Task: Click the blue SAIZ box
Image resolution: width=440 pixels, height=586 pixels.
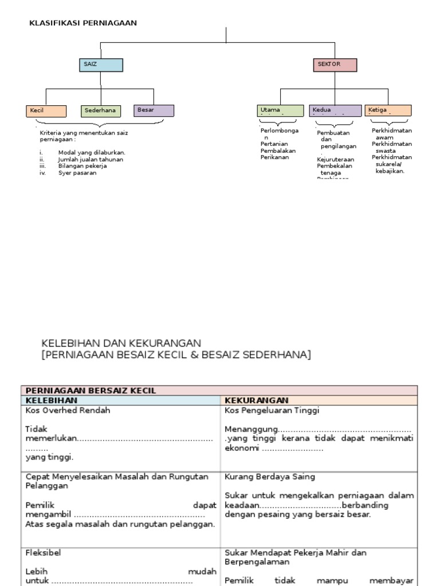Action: point(101,65)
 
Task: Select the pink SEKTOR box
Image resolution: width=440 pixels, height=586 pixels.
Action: point(335,65)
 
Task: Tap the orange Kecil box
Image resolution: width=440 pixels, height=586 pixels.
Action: point(46,110)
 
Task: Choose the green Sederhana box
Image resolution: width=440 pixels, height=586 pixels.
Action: point(101,110)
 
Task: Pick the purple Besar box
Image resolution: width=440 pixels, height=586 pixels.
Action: point(154,110)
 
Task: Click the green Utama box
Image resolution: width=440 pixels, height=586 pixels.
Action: point(280,110)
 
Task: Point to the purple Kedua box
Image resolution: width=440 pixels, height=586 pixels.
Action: point(335,110)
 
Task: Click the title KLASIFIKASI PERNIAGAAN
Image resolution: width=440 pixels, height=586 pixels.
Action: point(83,23)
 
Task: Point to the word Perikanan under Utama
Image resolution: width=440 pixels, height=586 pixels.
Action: point(275,157)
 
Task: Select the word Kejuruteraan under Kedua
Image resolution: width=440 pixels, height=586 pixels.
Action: point(335,160)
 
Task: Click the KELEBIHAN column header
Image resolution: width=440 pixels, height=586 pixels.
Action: point(51,400)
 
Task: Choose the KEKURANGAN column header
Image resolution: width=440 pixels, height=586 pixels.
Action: point(257,400)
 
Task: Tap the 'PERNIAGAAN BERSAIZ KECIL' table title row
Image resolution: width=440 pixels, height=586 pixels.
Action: point(90,390)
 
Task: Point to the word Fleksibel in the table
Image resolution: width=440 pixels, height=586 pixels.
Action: point(44,553)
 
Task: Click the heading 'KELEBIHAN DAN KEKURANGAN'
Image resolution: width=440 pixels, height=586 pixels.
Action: point(121,343)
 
